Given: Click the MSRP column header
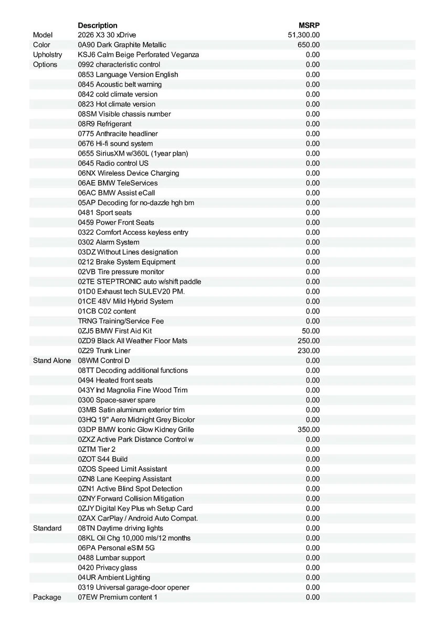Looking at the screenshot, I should pos(309,25).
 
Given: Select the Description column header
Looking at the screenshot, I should pos(98,25).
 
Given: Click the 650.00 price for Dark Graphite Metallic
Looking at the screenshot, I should pos(309,45).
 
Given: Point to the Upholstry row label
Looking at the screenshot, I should pos(47,55).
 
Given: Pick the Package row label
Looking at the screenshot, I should pos(47,598).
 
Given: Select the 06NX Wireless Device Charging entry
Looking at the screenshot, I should pos(129,173).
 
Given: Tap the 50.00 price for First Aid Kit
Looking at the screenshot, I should pos(311,331).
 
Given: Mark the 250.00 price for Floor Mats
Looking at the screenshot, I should pos(309,341).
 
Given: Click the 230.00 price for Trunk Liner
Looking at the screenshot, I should pos(309,351).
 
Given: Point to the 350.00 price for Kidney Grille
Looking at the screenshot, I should pos(309,430).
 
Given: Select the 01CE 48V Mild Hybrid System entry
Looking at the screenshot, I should pos(125,301).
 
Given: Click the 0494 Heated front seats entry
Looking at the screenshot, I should pos(115,380).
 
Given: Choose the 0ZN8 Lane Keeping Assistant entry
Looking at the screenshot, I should pos(124,479).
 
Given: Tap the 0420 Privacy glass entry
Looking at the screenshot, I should pos(108,568).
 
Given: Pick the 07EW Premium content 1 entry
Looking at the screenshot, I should pos(118,598).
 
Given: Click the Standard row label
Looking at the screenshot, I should pos(47,528).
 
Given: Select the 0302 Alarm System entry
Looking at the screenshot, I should pos(109,242).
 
